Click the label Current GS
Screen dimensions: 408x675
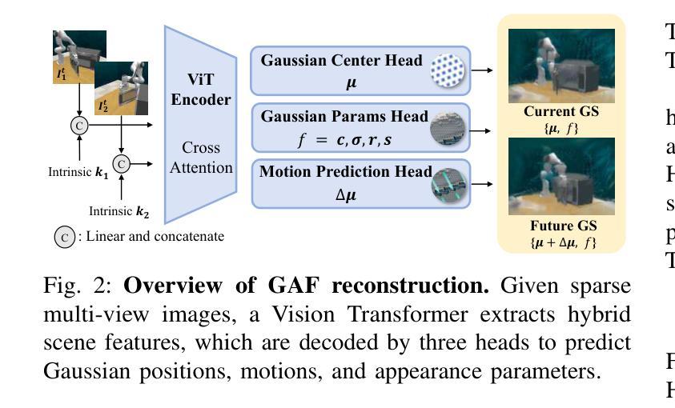[549, 112]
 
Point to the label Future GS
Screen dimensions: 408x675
[549, 226]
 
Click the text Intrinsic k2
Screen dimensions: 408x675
[119, 212]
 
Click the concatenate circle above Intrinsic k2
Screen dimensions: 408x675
[121, 163]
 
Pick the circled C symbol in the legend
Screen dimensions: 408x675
[64, 237]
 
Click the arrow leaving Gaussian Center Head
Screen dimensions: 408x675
[481, 70]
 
